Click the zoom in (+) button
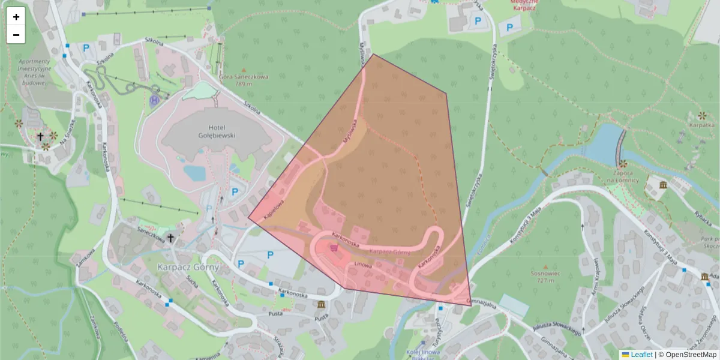click(x=16, y=17)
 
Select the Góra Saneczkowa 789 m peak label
click(x=244, y=80)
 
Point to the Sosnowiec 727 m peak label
click(x=545, y=277)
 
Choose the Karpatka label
click(x=702, y=125)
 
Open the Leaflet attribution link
click(x=641, y=355)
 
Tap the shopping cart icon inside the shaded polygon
click(x=334, y=247)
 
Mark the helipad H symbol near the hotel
click(x=155, y=100)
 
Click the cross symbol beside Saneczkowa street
click(x=170, y=239)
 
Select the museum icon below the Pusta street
click(x=322, y=305)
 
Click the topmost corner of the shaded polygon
click(x=373, y=55)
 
